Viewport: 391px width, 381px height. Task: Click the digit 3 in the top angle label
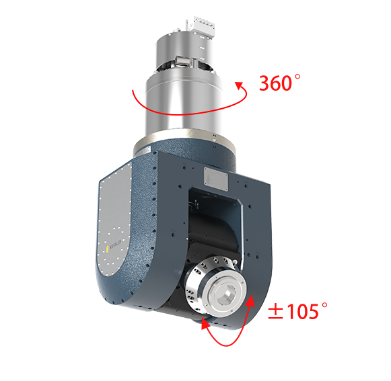(x=264, y=83)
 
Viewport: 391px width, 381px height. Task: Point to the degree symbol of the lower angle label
(x=324, y=306)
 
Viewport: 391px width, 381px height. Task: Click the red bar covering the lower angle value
(x=293, y=312)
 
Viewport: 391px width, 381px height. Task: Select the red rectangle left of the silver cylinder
(x=138, y=99)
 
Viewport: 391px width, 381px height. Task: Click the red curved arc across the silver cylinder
(x=185, y=111)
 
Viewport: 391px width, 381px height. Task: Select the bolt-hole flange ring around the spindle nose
(x=206, y=286)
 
